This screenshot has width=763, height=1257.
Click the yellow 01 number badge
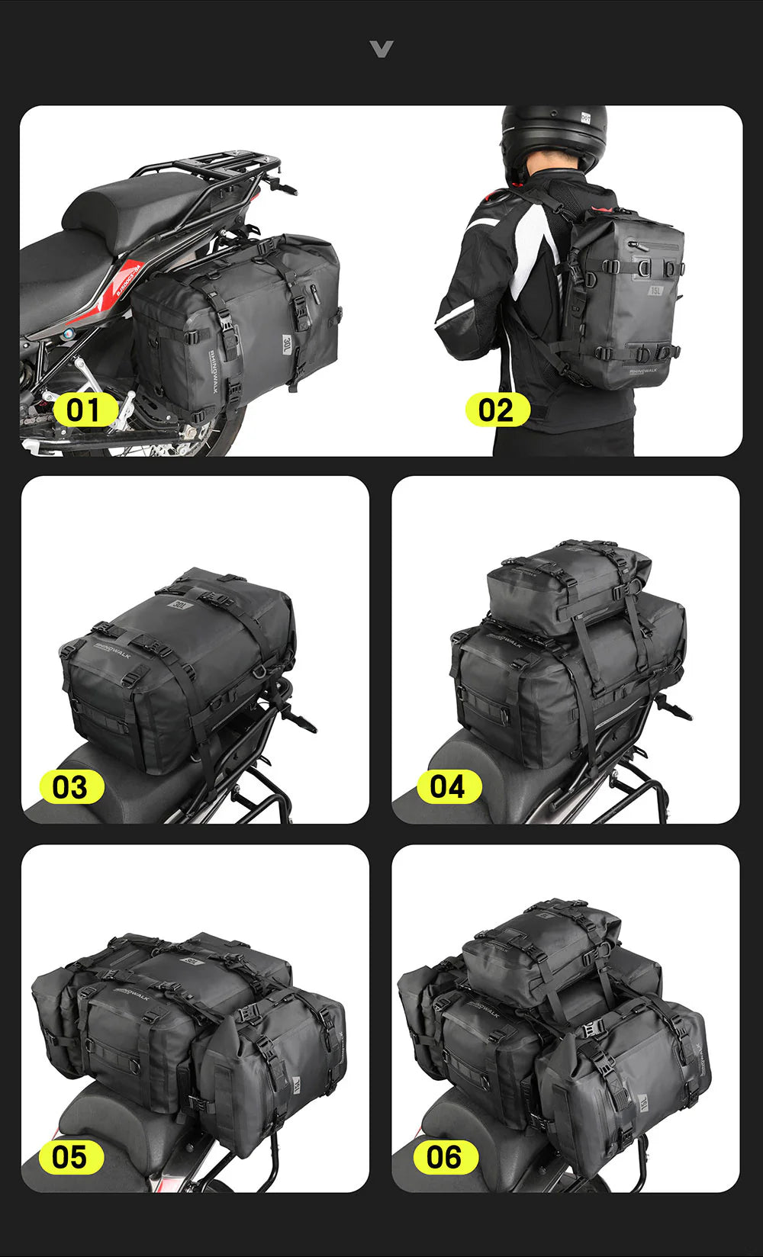coord(85,410)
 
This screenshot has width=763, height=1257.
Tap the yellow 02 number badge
coord(497,410)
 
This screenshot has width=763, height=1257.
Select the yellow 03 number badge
coord(70,787)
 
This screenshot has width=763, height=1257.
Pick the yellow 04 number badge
coord(448,787)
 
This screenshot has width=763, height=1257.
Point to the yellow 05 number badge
coord(70,1157)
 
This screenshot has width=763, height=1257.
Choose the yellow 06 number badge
coord(445,1157)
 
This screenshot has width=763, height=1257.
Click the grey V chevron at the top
coord(381,50)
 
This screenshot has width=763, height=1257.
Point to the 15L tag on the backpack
coord(655,291)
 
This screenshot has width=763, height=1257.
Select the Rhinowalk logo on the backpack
coord(642,371)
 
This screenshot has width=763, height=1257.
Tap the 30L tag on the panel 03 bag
coord(182,605)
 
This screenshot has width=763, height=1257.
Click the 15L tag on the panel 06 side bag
coord(644,1102)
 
